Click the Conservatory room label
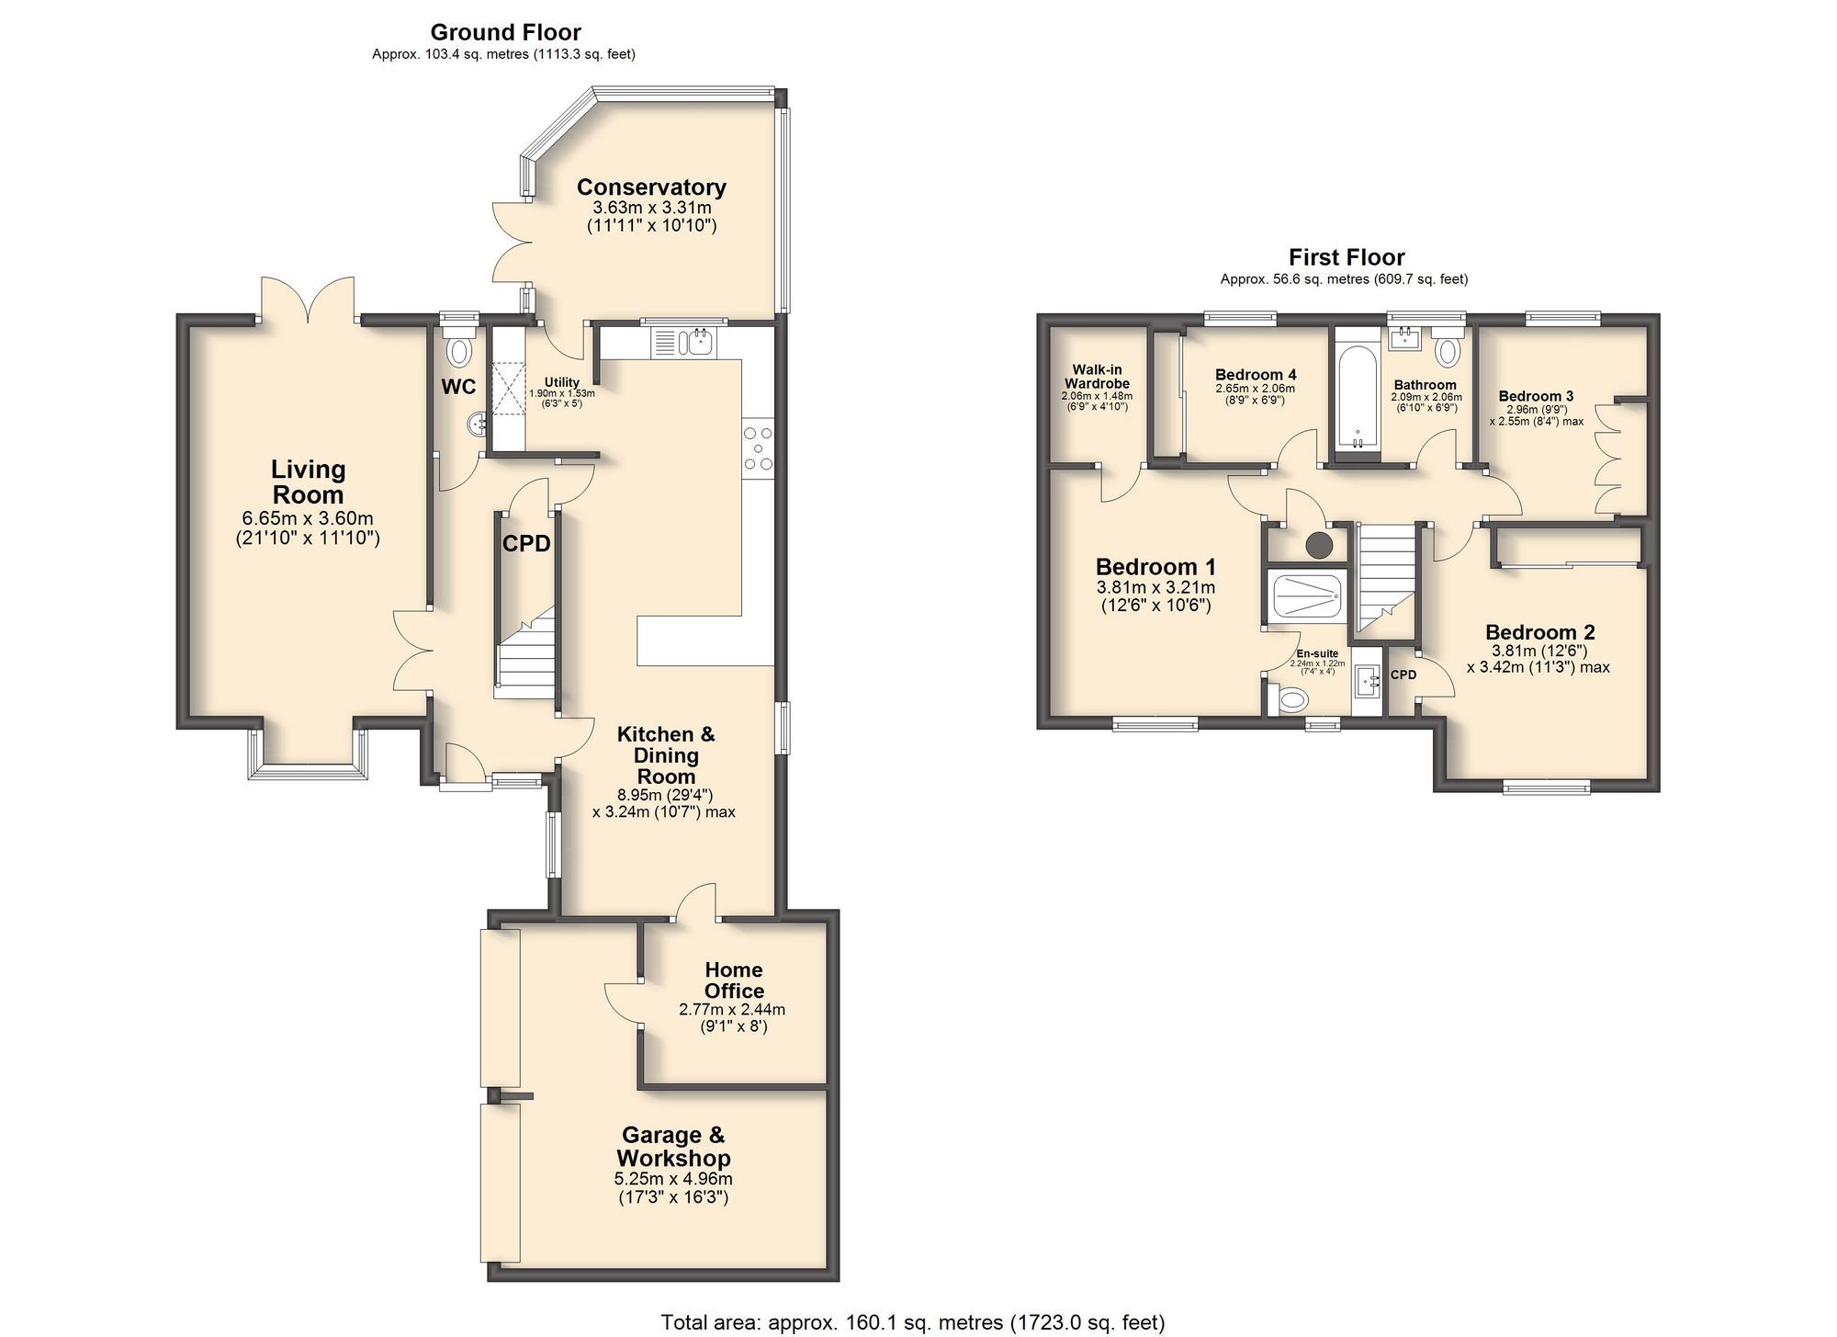[651, 187]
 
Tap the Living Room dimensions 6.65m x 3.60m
[308, 518]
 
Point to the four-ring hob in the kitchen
[758, 448]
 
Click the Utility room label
[561, 382]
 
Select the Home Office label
[733, 980]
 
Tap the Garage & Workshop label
[673, 1147]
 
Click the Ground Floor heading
[505, 32]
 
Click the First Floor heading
[1347, 257]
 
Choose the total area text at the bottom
[912, 1322]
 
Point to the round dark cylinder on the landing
[1320, 545]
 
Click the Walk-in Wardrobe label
[1097, 377]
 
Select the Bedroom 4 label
[1256, 375]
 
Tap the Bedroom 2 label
[1539, 632]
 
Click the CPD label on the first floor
[1403, 674]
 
